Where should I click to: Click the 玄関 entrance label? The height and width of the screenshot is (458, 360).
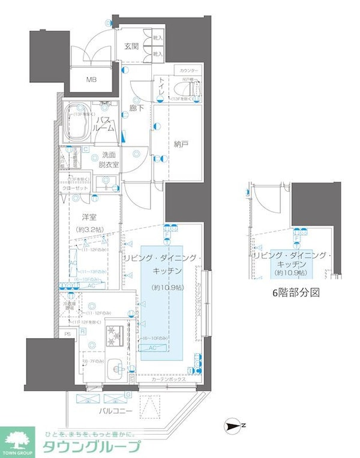(x=132, y=46)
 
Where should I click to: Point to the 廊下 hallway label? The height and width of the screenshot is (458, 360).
(x=136, y=109)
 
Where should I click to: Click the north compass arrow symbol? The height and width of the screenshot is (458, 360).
(x=233, y=426)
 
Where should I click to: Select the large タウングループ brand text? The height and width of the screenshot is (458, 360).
(x=90, y=446)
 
